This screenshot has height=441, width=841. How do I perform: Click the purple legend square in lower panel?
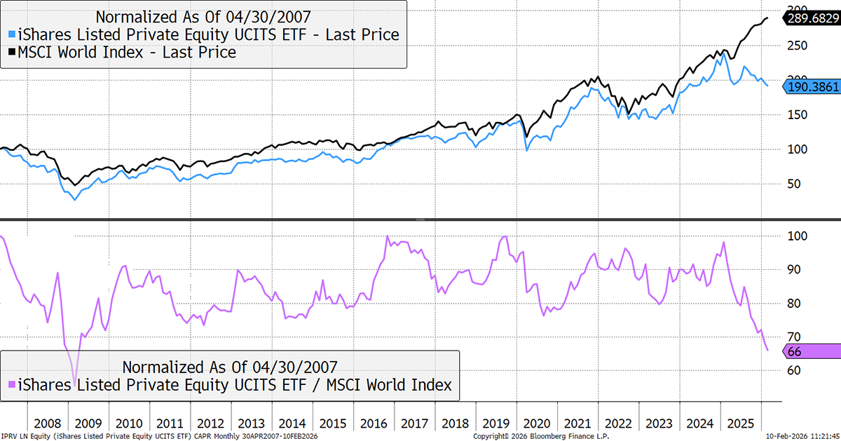tap(11, 385)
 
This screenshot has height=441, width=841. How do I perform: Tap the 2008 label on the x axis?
tap(48, 424)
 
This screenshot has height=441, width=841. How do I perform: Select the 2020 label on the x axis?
tap(538, 424)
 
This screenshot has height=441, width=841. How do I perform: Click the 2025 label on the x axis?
tap(741, 424)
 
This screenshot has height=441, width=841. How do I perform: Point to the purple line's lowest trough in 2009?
tap(74, 367)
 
